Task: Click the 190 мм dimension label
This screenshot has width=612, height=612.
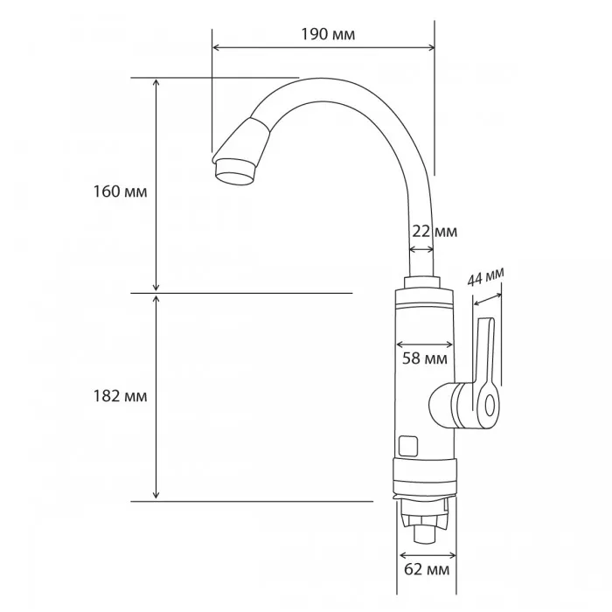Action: point(328,34)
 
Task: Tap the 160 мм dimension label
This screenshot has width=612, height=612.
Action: point(120,191)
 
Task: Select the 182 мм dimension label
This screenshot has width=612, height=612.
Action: point(120,396)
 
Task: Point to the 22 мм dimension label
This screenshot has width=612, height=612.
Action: point(435,232)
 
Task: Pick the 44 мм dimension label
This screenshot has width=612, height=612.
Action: point(485,277)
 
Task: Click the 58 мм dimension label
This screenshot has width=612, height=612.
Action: point(425,358)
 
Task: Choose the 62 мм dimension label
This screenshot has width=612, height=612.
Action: point(427,569)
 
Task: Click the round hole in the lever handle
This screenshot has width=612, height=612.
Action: point(490,406)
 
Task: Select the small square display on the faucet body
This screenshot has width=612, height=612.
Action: point(408,446)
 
